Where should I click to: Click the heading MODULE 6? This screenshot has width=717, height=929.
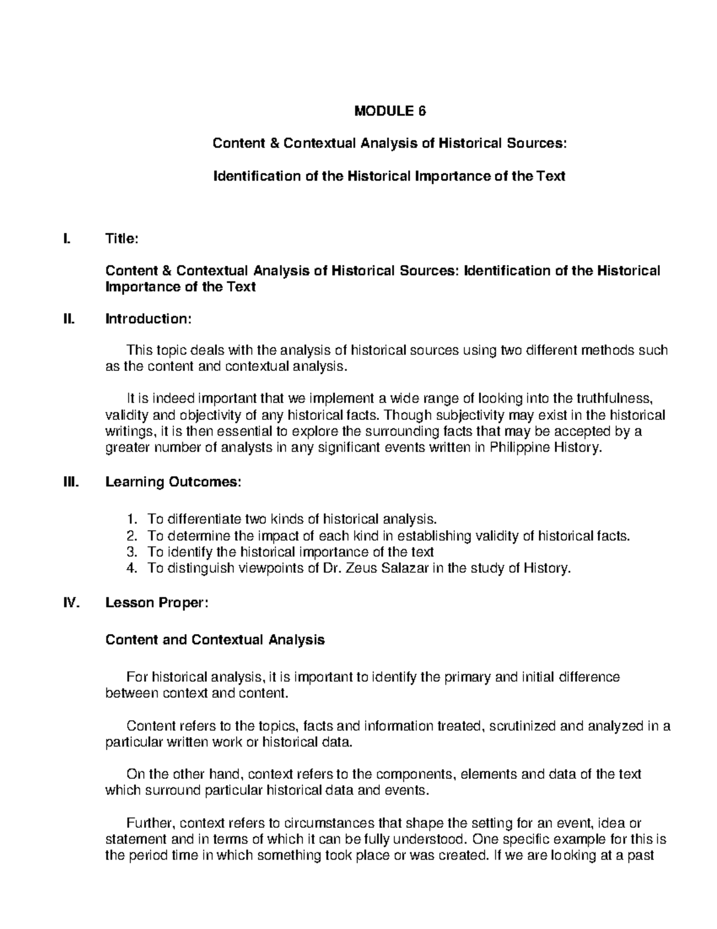[x=391, y=111]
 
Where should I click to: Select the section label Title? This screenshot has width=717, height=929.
[x=122, y=239]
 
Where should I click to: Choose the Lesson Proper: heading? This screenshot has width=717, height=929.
[x=157, y=603]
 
